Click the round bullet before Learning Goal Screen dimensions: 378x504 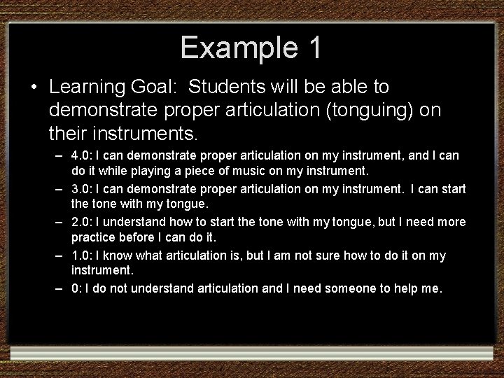point(34,88)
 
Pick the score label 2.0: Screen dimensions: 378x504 point(85,222)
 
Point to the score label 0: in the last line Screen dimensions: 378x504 point(78,289)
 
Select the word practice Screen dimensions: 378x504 point(94,238)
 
